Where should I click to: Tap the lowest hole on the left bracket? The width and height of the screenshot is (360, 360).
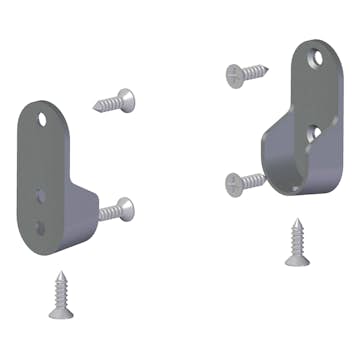41,227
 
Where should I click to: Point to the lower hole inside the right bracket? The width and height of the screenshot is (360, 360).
314,131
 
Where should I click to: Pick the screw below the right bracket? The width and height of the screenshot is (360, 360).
296,244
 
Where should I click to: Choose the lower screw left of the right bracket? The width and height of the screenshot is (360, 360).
245,182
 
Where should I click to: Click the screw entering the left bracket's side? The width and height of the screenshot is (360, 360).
116,210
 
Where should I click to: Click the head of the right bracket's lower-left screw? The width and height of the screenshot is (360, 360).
232,184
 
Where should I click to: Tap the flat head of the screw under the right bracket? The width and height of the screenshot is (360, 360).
297,262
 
